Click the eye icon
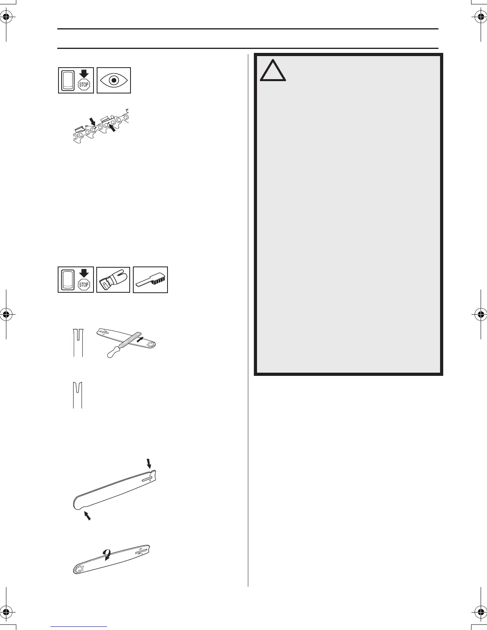(114, 80)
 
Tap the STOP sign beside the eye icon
(84, 84)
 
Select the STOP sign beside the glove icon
(84, 284)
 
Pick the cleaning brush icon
(150, 280)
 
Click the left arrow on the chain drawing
(92, 121)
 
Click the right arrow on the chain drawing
(115, 128)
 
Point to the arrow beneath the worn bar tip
(87, 516)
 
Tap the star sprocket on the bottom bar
(77, 569)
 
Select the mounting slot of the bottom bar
(140, 552)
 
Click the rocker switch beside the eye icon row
(69, 80)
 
